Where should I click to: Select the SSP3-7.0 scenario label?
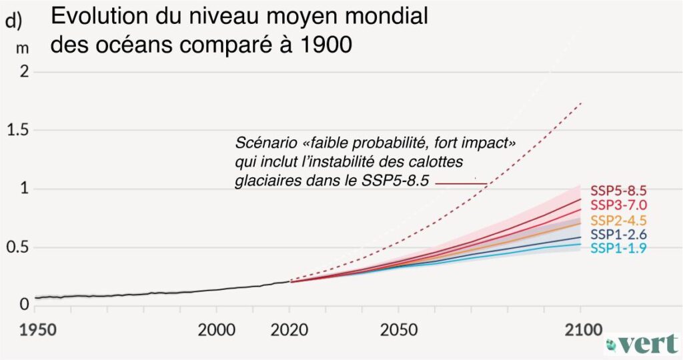(618, 205)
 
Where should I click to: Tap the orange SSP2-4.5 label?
(618, 219)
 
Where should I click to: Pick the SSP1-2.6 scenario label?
(618, 234)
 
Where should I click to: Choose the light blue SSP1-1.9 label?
(618, 248)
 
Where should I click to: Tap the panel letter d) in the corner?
(13, 21)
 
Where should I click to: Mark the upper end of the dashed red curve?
(582, 102)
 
